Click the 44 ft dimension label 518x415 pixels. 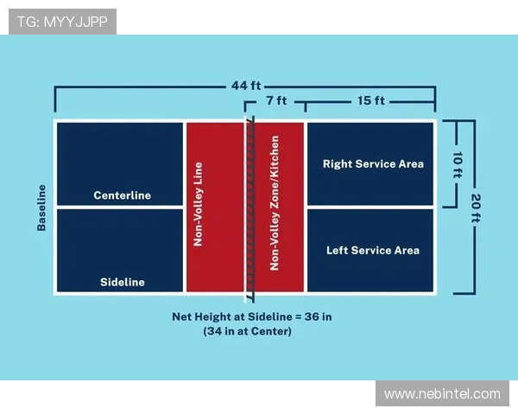click(x=246, y=86)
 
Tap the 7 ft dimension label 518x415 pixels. click(x=276, y=101)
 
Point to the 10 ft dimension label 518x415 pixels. click(x=457, y=163)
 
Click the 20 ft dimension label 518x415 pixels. click(x=474, y=207)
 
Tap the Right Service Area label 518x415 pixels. click(x=373, y=163)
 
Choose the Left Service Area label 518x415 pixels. click(x=373, y=251)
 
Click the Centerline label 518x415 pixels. click(x=122, y=195)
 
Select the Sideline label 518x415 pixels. click(x=122, y=282)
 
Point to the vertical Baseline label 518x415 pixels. click(x=41, y=207)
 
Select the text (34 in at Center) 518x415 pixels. click(x=247, y=331)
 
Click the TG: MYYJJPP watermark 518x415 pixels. click(x=62, y=22)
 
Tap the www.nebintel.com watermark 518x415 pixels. click(x=442, y=393)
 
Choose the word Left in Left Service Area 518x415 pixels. click(x=338, y=251)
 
